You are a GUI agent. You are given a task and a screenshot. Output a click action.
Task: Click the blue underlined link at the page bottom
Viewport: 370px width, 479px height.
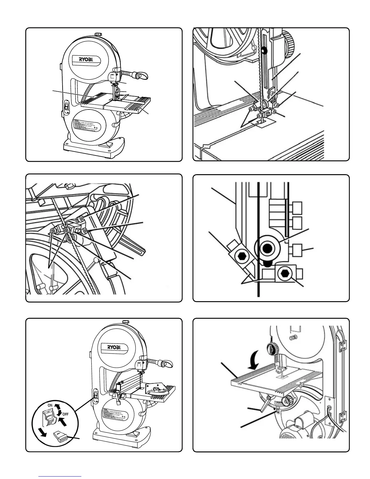pos(60,476)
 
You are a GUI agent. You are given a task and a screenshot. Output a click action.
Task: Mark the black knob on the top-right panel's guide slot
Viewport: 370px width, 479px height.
pos(265,51)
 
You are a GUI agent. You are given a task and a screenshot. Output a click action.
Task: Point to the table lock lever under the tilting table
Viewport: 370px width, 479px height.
pos(264,405)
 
